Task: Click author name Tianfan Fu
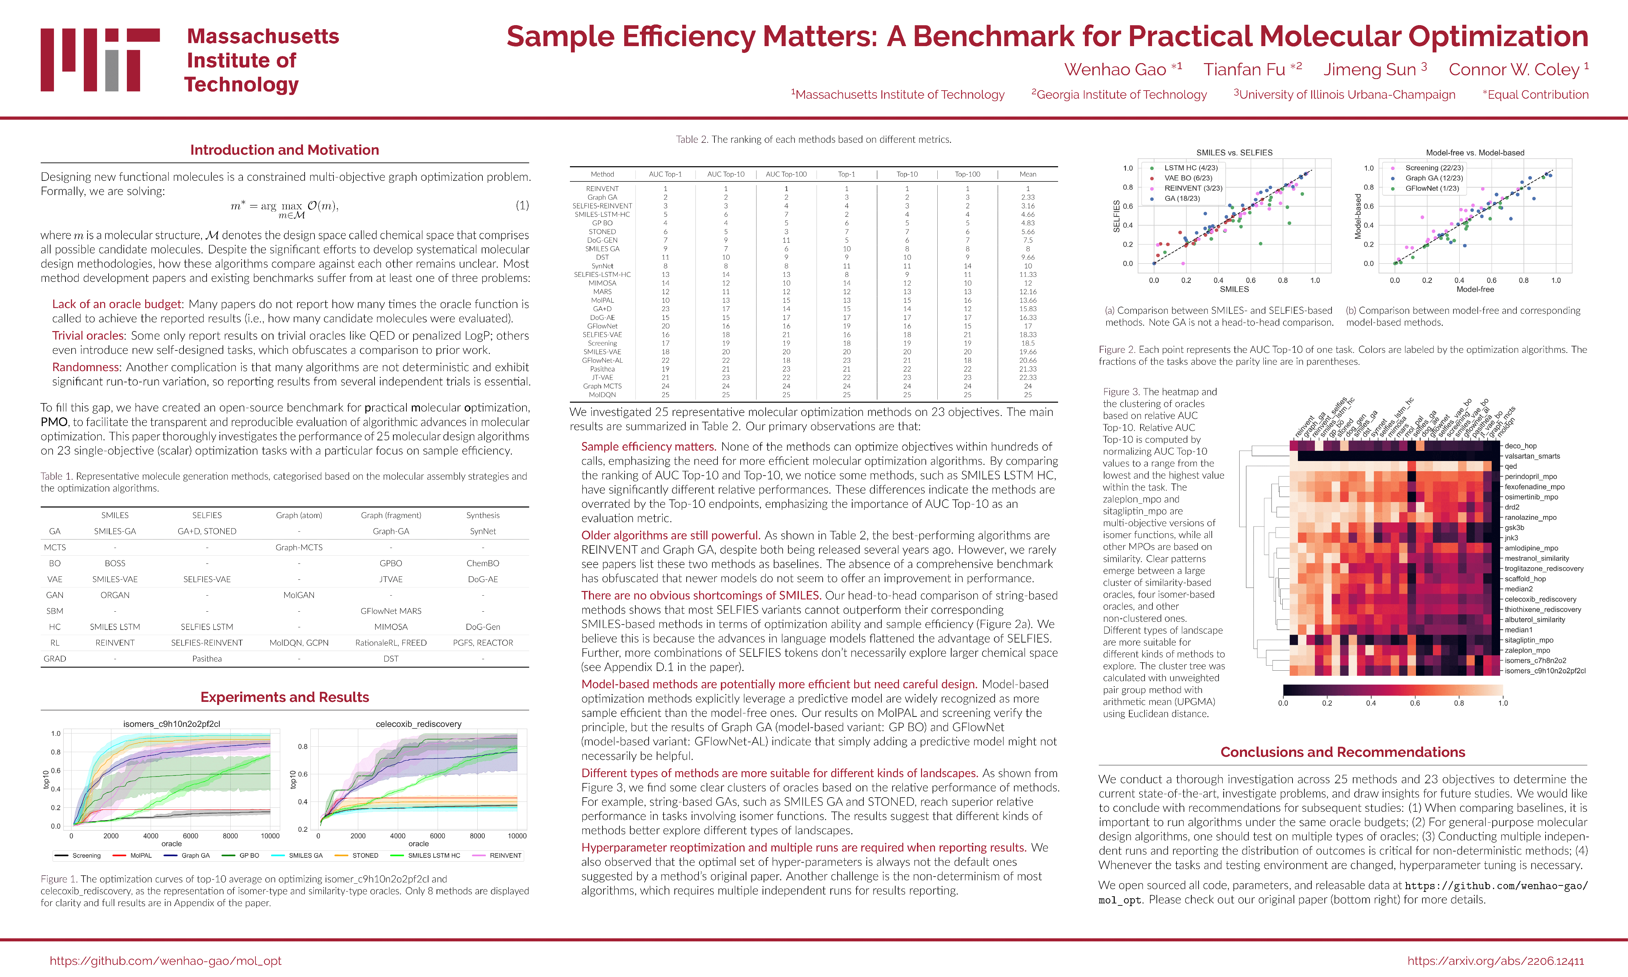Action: click(x=1244, y=70)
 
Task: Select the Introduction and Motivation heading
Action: click(x=284, y=150)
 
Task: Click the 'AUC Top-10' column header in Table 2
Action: click(x=725, y=174)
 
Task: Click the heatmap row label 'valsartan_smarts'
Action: click(x=1532, y=456)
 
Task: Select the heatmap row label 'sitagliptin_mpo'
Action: click(x=1529, y=640)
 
